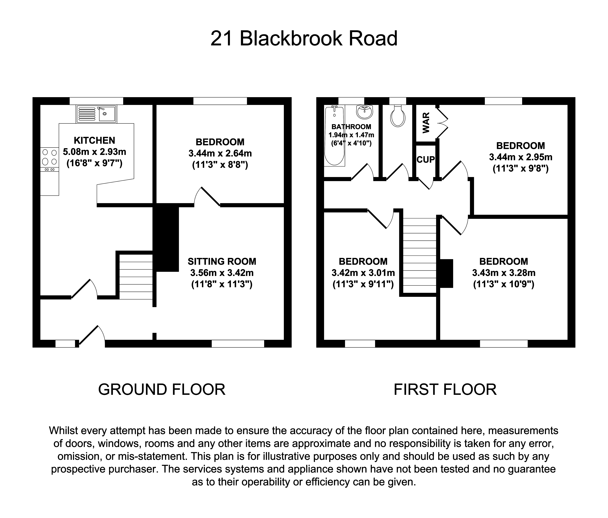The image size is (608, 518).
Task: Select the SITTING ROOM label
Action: click(222, 261)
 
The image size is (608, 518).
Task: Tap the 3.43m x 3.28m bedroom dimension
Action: click(504, 273)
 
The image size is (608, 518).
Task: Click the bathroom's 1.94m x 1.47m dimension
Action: click(351, 135)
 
